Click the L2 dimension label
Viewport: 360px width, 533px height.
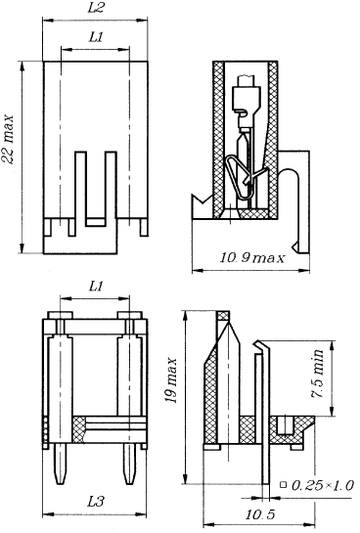point(96,8)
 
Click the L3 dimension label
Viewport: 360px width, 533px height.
point(96,502)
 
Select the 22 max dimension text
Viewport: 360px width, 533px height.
point(8,140)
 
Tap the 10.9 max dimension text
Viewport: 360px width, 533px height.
point(251,258)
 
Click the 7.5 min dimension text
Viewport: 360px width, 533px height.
point(318,374)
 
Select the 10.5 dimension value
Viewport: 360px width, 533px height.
point(259,514)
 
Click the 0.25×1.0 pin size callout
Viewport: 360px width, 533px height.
point(323,485)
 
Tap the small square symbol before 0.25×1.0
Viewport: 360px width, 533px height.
point(283,485)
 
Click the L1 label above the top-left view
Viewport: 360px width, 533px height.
point(96,37)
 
